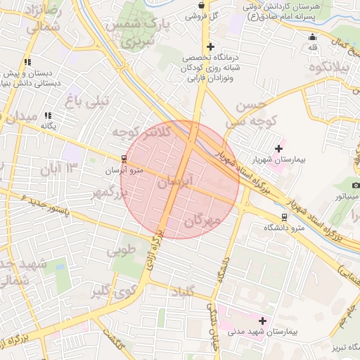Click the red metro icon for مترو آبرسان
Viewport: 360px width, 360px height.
click(124, 158)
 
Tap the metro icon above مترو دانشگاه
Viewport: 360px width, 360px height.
click(284, 217)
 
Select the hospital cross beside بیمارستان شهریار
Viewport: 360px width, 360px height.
click(279, 148)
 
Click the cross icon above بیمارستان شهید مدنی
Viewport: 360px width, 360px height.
click(263, 320)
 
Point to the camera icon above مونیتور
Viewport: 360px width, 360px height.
click(355, 185)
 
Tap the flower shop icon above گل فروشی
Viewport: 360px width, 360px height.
click(201, 5)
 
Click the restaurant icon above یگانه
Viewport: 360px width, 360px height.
click(48, 115)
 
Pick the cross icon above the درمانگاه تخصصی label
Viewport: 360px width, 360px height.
click(210, 47)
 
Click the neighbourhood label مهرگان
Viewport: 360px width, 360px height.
click(202, 221)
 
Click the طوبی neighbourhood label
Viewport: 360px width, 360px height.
click(121, 250)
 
